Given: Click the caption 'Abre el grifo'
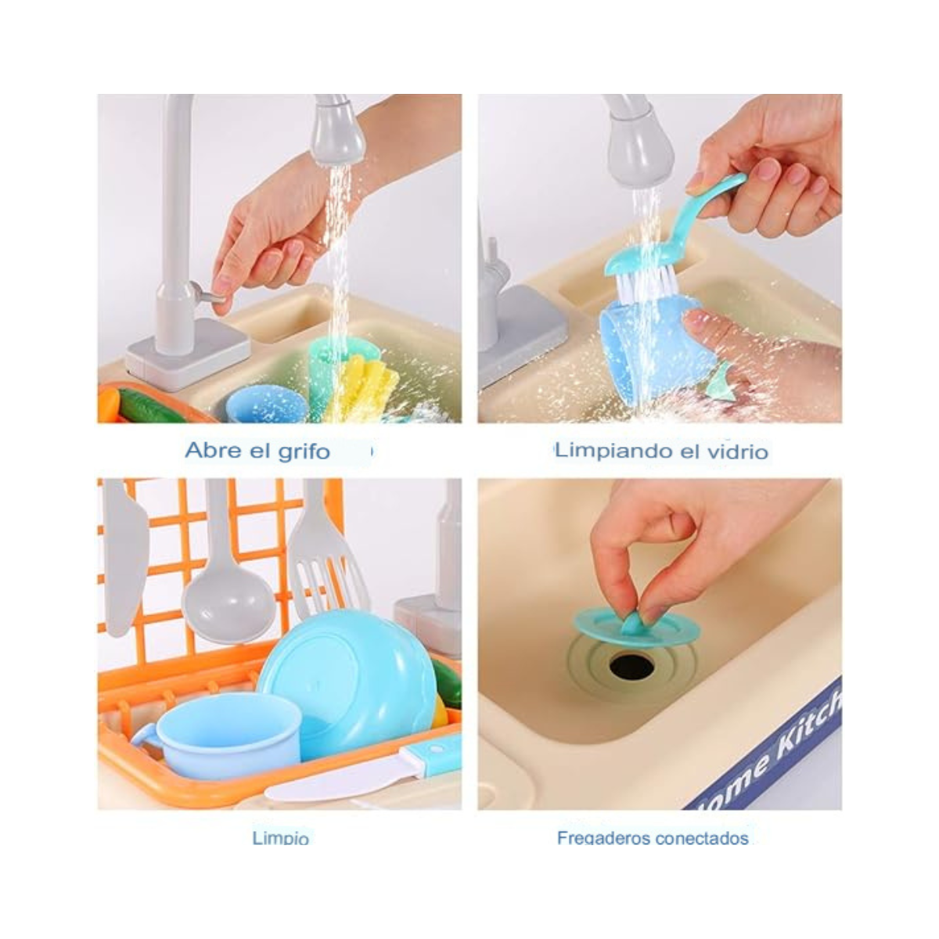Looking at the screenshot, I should pyautogui.click(x=257, y=451).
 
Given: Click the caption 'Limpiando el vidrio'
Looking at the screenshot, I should pyautogui.click(x=661, y=451).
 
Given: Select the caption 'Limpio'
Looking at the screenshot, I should pyautogui.click(x=280, y=838).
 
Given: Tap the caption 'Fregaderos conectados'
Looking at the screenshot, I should pyautogui.click(x=653, y=838).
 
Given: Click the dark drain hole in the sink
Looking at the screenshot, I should pyautogui.click(x=631, y=666).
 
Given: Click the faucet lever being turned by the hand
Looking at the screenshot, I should pyautogui.click(x=210, y=297).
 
